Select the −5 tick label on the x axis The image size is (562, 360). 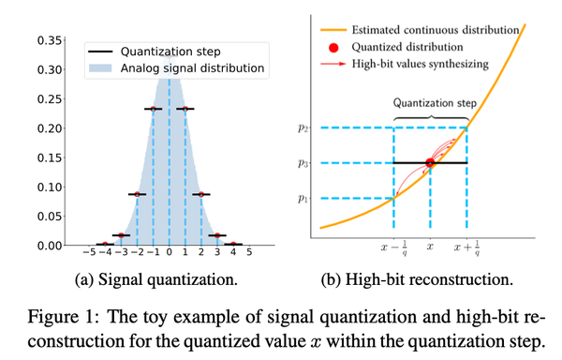click(89, 252)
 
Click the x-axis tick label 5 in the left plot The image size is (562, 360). click(248, 252)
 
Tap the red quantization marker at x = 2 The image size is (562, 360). click(200, 194)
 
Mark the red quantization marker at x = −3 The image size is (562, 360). click(121, 235)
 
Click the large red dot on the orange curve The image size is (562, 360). click(430, 163)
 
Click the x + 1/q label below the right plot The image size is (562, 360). click(467, 248)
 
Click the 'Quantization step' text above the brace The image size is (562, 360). click(430, 104)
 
